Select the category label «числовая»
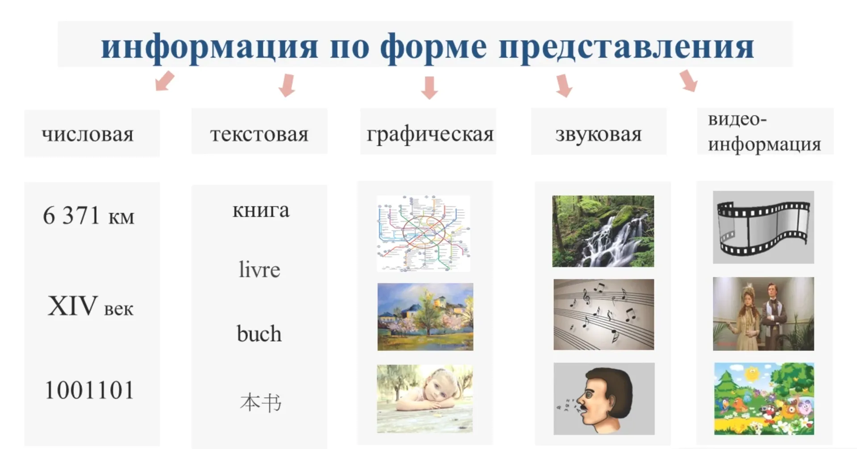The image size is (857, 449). click(88, 134)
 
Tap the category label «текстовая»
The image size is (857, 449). click(259, 134)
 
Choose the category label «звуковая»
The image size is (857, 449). click(598, 134)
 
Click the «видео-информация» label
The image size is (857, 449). click(764, 132)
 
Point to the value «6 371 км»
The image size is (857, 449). click(88, 216)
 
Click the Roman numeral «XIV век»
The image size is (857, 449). click(90, 306)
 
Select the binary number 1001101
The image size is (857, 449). click(89, 390)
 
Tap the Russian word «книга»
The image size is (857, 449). click(261, 210)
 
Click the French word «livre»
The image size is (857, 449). click(259, 269)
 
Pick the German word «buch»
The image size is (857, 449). click(259, 334)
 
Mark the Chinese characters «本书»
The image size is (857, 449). click(261, 403)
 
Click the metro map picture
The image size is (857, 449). click(423, 233)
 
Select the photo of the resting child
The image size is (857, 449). click(424, 399)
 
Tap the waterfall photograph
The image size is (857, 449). click(603, 231)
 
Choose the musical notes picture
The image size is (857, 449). click(603, 314)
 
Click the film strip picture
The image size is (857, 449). click(763, 227)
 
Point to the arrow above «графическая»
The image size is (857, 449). click(429, 87)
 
